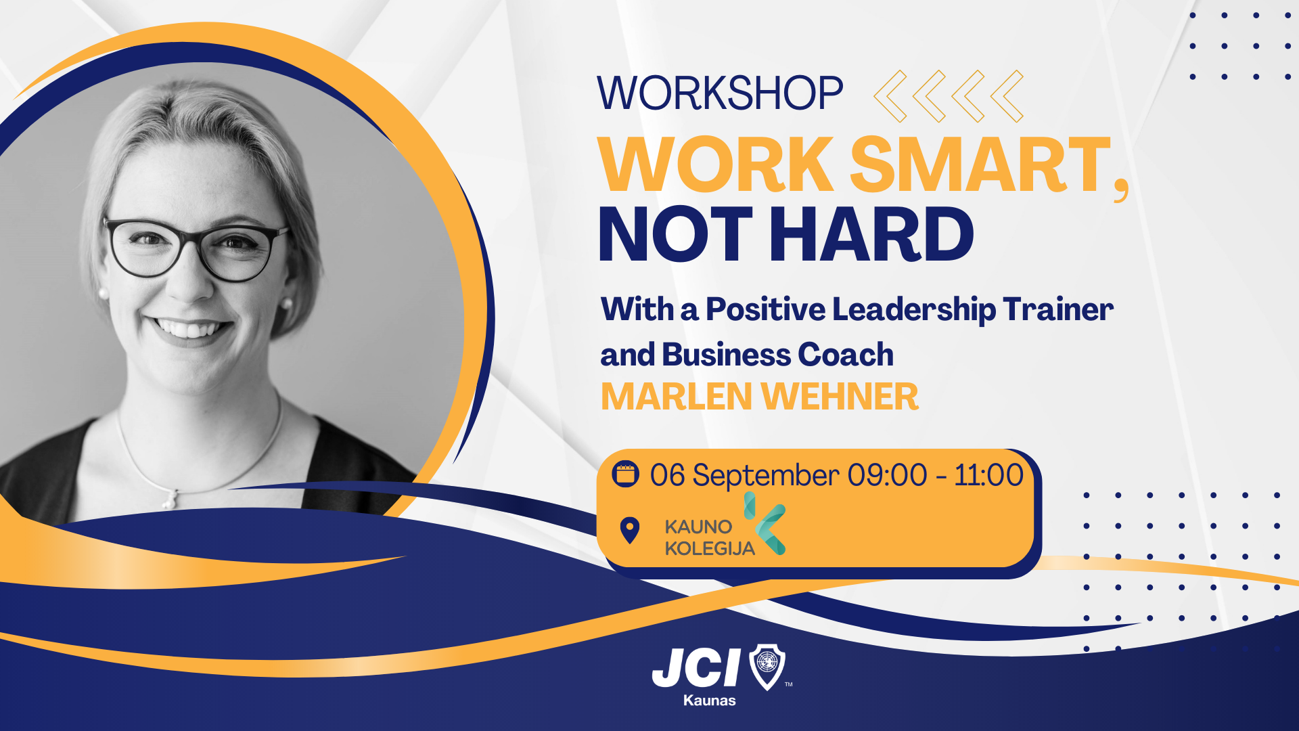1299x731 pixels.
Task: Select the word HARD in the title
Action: coord(871,234)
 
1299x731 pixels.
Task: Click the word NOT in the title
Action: coord(675,234)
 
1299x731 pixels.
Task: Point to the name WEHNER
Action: coord(840,397)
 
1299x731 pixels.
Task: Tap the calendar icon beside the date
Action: coord(625,474)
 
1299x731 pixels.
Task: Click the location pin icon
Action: coord(630,531)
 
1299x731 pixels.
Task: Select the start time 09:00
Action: coord(887,475)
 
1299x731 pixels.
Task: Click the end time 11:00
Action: coord(988,475)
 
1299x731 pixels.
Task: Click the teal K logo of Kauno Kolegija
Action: coord(765,523)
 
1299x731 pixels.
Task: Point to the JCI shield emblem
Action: coord(768,667)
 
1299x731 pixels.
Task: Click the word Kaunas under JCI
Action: coord(709,701)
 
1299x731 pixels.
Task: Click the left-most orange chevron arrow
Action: coord(890,97)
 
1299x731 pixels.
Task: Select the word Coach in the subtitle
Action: coord(846,355)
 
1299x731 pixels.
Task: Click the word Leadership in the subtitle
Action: coord(913,310)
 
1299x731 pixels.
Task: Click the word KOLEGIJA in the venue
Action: coord(710,548)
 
